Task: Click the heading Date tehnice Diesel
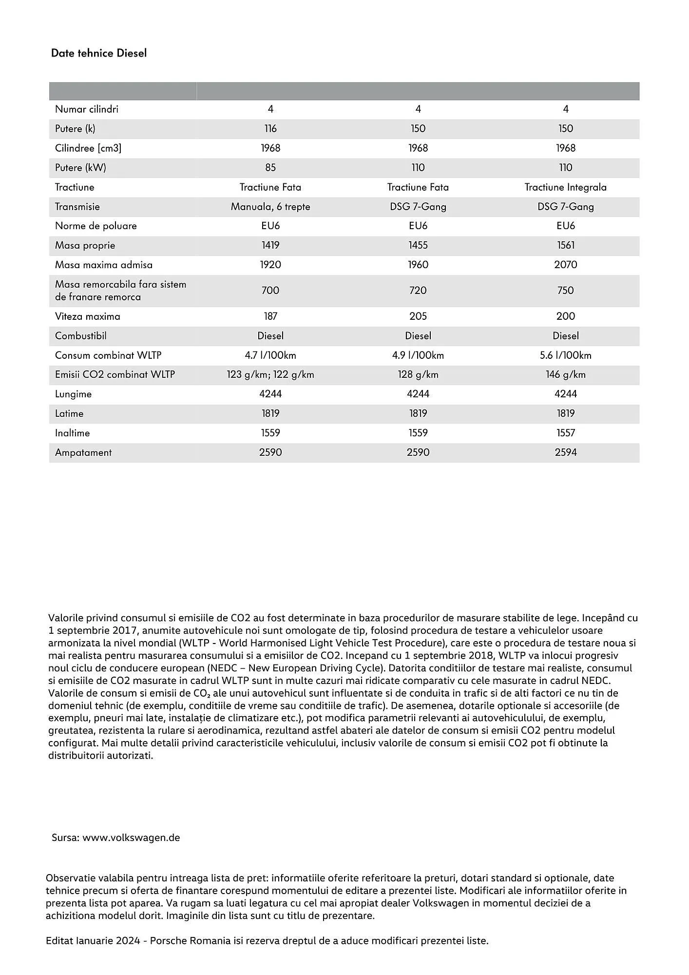pyautogui.click(x=98, y=53)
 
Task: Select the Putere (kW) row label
pyautogui.click(x=80, y=168)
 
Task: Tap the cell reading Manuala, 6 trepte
pyautogui.click(x=270, y=207)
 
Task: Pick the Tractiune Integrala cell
pyautogui.click(x=565, y=187)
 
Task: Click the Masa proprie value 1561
pyautogui.click(x=565, y=245)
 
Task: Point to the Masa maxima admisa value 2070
pyautogui.click(x=565, y=265)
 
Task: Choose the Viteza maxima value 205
pyautogui.click(x=418, y=316)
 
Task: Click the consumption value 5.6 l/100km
pyautogui.click(x=565, y=355)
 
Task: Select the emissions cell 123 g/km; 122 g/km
pyautogui.click(x=270, y=374)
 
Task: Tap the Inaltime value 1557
pyautogui.click(x=565, y=433)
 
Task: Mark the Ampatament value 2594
pyautogui.click(x=565, y=452)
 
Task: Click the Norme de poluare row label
pyautogui.click(x=96, y=226)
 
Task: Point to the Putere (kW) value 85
pyautogui.click(x=270, y=168)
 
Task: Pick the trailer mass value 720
pyautogui.click(x=418, y=291)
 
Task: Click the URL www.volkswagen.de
pyautogui.click(x=131, y=838)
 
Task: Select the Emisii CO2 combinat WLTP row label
pyautogui.click(x=115, y=374)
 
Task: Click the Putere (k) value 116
pyautogui.click(x=270, y=129)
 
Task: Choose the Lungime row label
pyautogui.click(x=73, y=394)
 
